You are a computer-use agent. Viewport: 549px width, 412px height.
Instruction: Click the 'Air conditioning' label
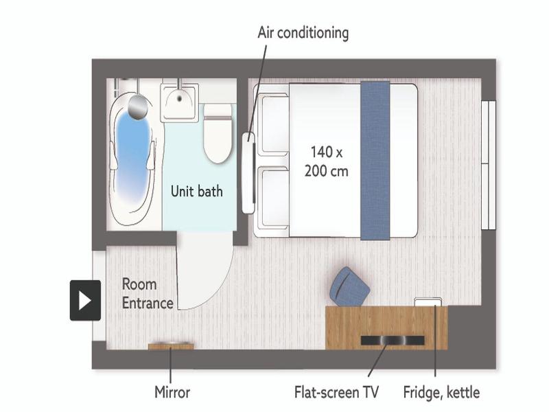pyautogui.click(x=303, y=33)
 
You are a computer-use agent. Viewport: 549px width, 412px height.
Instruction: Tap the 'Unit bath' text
pyautogui.click(x=197, y=192)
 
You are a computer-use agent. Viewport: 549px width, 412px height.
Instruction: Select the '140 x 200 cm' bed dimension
pyautogui.click(x=327, y=161)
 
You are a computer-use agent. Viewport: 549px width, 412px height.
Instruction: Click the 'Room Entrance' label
pyautogui.click(x=148, y=294)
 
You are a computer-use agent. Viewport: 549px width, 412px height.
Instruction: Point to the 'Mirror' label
pyautogui.click(x=172, y=392)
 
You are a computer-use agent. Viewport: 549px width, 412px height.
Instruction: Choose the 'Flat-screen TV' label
pyautogui.click(x=336, y=392)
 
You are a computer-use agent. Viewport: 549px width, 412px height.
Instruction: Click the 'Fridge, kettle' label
pyautogui.click(x=441, y=392)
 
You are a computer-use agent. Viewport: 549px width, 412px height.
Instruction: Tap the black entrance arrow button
pyautogui.click(x=85, y=301)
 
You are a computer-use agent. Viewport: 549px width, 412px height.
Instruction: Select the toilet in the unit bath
pyautogui.click(x=218, y=133)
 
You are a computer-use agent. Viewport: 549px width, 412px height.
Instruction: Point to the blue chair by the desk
pyautogui.click(x=349, y=287)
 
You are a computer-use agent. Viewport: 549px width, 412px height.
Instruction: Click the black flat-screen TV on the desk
pyautogui.click(x=393, y=340)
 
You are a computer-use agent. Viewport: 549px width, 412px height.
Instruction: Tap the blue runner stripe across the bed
pyautogui.click(x=375, y=161)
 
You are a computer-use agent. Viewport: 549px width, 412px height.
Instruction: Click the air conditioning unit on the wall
pyautogui.click(x=248, y=173)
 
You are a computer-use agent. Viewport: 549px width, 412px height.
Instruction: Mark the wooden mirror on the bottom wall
pyautogui.click(x=170, y=346)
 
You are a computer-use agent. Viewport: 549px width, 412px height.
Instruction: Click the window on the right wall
pyautogui.click(x=489, y=165)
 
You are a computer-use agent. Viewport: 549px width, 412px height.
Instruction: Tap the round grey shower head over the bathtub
pyautogui.click(x=138, y=106)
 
